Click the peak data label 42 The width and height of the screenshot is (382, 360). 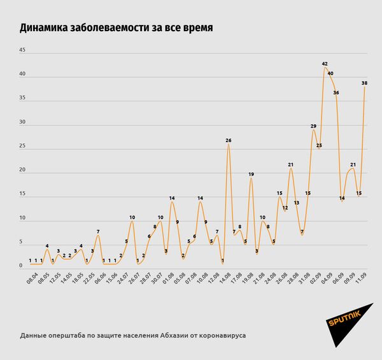(325, 64)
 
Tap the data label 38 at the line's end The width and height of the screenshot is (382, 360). (364, 83)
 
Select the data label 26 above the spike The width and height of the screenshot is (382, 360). (228, 140)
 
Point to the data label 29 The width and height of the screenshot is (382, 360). (313, 126)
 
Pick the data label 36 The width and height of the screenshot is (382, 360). (336, 93)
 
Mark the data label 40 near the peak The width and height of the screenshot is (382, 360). (330, 73)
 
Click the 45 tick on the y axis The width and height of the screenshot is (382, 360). (22, 50)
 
